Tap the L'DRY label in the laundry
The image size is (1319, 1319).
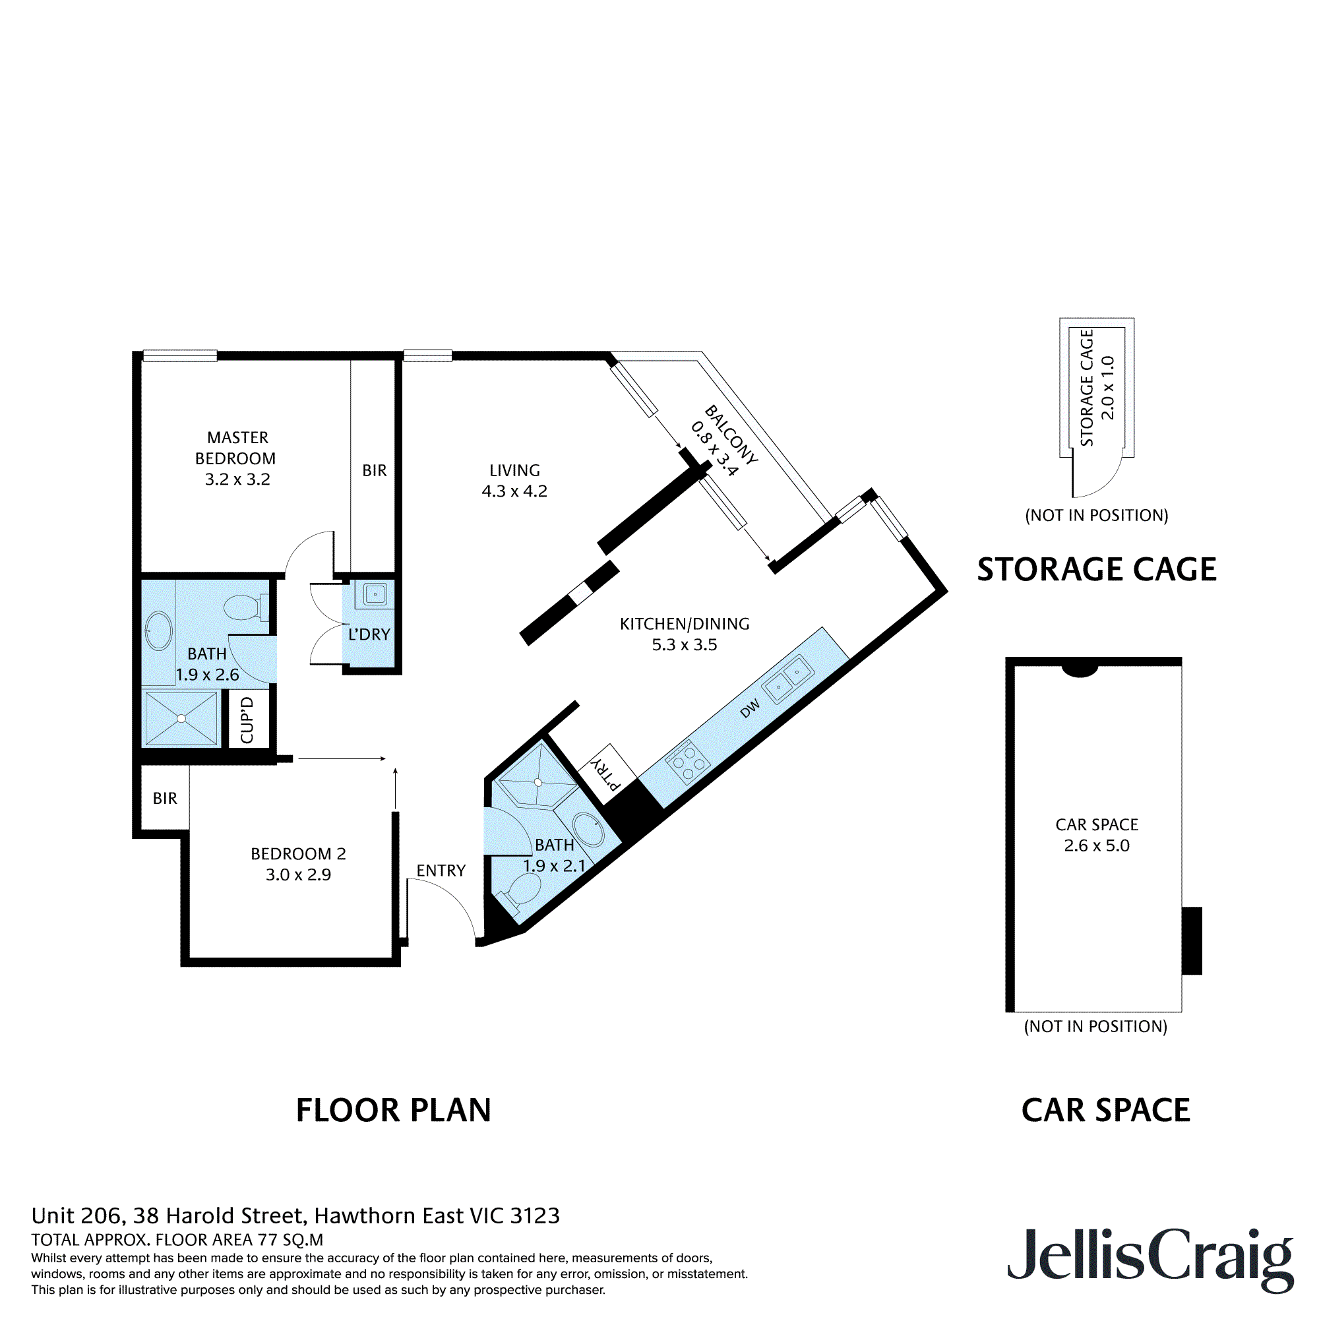[x=369, y=634]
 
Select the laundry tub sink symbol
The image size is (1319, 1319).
[x=375, y=594]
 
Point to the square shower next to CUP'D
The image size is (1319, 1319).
[x=181, y=719]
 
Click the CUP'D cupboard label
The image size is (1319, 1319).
[x=247, y=720]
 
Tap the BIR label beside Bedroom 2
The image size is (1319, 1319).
[x=164, y=798]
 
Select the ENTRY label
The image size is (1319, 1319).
[x=441, y=871]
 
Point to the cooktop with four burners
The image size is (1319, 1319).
[x=687, y=761]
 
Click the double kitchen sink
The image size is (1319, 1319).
[x=788, y=679]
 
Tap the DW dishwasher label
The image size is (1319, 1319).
[x=750, y=710]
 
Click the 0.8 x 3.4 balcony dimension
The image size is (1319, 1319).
[x=714, y=449]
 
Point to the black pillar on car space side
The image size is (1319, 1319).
[x=1191, y=941]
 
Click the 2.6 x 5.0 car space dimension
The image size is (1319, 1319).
[x=1097, y=845]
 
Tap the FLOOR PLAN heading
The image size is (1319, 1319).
[x=393, y=1111]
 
